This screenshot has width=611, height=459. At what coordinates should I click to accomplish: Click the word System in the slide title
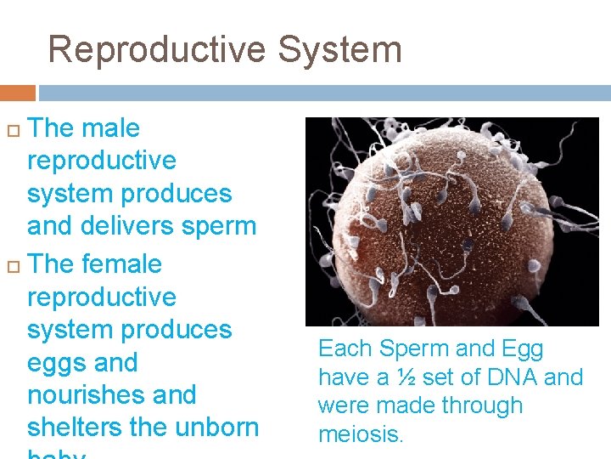pos(339,49)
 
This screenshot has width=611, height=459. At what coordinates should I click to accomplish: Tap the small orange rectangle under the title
pos(17,93)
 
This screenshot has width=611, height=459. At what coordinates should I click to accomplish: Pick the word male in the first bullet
pos(109,128)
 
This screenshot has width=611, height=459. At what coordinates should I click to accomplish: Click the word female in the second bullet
pos(121,264)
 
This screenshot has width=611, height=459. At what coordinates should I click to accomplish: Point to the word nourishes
pos(81,395)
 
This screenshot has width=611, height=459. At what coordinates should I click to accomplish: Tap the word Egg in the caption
pos(524,349)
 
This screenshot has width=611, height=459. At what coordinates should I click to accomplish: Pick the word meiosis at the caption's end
pos(361,434)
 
